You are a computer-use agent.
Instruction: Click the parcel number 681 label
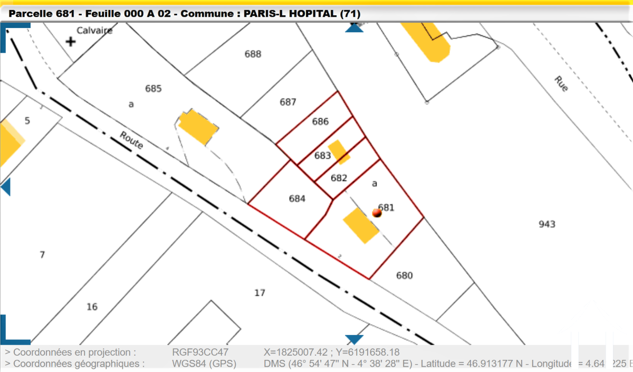(388, 207)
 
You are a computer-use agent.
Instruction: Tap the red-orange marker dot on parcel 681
(377, 213)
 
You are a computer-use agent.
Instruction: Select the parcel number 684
(297, 198)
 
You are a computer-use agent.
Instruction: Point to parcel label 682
(339, 178)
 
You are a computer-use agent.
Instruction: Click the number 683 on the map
(322, 156)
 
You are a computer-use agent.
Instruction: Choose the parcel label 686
(320, 121)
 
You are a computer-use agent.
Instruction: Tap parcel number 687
(288, 102)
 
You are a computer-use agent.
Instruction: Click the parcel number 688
(253, 54)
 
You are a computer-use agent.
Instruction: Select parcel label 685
(153, 89)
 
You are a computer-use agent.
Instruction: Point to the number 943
(547, 224)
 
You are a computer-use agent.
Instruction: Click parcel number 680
(404, 275)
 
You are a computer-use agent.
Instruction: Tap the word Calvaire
(94, 30)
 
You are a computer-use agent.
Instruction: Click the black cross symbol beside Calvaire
(70, 41)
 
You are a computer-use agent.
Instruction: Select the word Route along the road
(131, 140)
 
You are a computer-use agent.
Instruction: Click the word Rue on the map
(561, 84)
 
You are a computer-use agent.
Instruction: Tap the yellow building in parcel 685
(197, 127)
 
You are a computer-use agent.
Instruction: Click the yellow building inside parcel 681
(361, 225)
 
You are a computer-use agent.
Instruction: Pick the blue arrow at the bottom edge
(354, 339)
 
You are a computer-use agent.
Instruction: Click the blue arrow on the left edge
(6, 187)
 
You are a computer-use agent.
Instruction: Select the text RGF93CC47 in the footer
(200, 352)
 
